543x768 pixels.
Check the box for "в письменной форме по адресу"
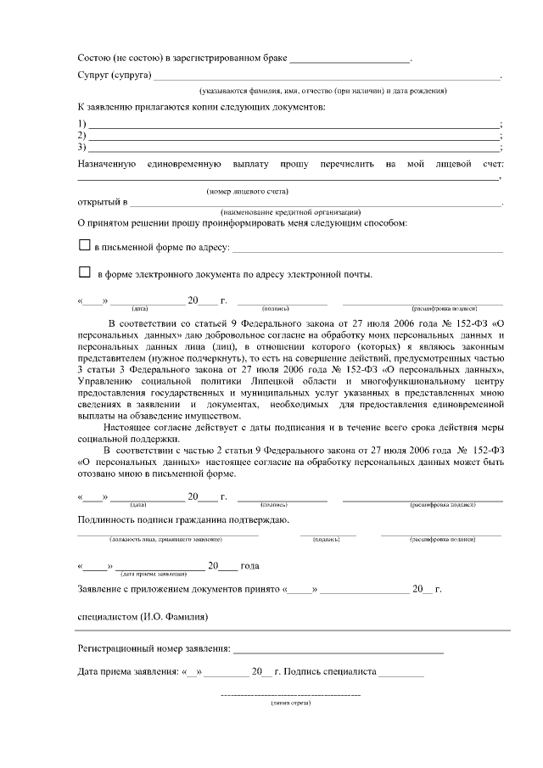click(x=84, y=246)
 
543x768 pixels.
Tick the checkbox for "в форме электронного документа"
click(x=84, y=273)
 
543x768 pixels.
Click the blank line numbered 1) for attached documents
click(x=294, y=125)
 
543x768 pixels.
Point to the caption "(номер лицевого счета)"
click(x=248, y=192)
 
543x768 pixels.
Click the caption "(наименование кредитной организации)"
click(x=291, y=211)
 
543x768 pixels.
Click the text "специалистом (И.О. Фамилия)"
click(x=143, y=616)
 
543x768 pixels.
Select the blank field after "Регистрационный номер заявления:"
click(x=338, y=651)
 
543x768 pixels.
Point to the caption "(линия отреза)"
click(x=290, y=704)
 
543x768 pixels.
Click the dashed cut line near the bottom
click(x=290, y=696)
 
